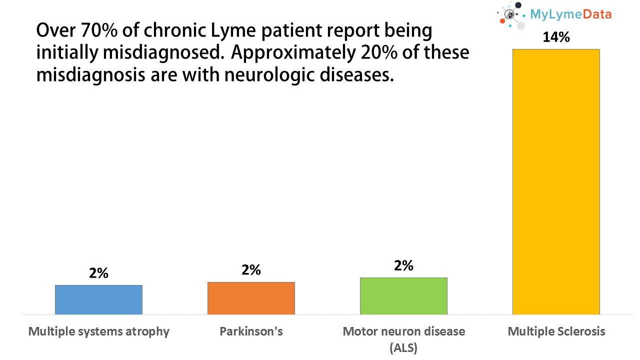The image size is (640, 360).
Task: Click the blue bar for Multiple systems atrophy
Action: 98,299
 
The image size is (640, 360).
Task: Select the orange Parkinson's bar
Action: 251,298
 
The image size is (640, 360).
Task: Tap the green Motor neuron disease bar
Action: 403,296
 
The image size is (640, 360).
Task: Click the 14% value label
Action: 556,37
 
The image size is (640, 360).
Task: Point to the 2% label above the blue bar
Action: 98,273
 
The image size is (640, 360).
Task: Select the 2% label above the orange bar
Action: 251,270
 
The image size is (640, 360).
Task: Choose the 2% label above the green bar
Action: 403,265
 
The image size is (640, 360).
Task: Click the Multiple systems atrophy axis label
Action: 99,331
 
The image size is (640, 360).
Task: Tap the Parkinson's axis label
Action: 251,331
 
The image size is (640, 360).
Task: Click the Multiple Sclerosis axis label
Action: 556,331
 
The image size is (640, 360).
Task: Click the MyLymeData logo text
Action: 571,14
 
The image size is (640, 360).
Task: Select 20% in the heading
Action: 374,53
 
